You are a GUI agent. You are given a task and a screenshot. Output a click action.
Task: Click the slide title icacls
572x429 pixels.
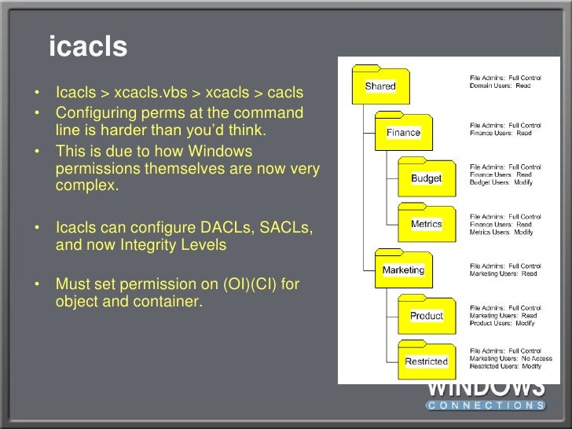point(87,47)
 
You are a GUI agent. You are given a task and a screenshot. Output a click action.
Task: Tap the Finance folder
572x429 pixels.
point(402,133)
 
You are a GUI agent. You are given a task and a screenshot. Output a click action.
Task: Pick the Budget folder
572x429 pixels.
point(426,178)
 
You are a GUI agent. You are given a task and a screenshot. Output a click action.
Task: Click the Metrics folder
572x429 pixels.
point(426,224)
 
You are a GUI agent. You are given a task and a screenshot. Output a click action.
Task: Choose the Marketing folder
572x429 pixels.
point(403,269)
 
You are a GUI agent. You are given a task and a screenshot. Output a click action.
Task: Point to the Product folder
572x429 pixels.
point(426,316)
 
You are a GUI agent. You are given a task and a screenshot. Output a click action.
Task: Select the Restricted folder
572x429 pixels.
point(426,361)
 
